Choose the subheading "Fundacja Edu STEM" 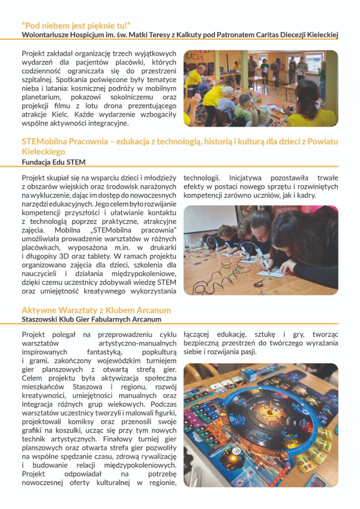51,162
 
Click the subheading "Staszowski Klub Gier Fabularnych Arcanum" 91,319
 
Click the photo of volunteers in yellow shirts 261,88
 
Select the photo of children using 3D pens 261,250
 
